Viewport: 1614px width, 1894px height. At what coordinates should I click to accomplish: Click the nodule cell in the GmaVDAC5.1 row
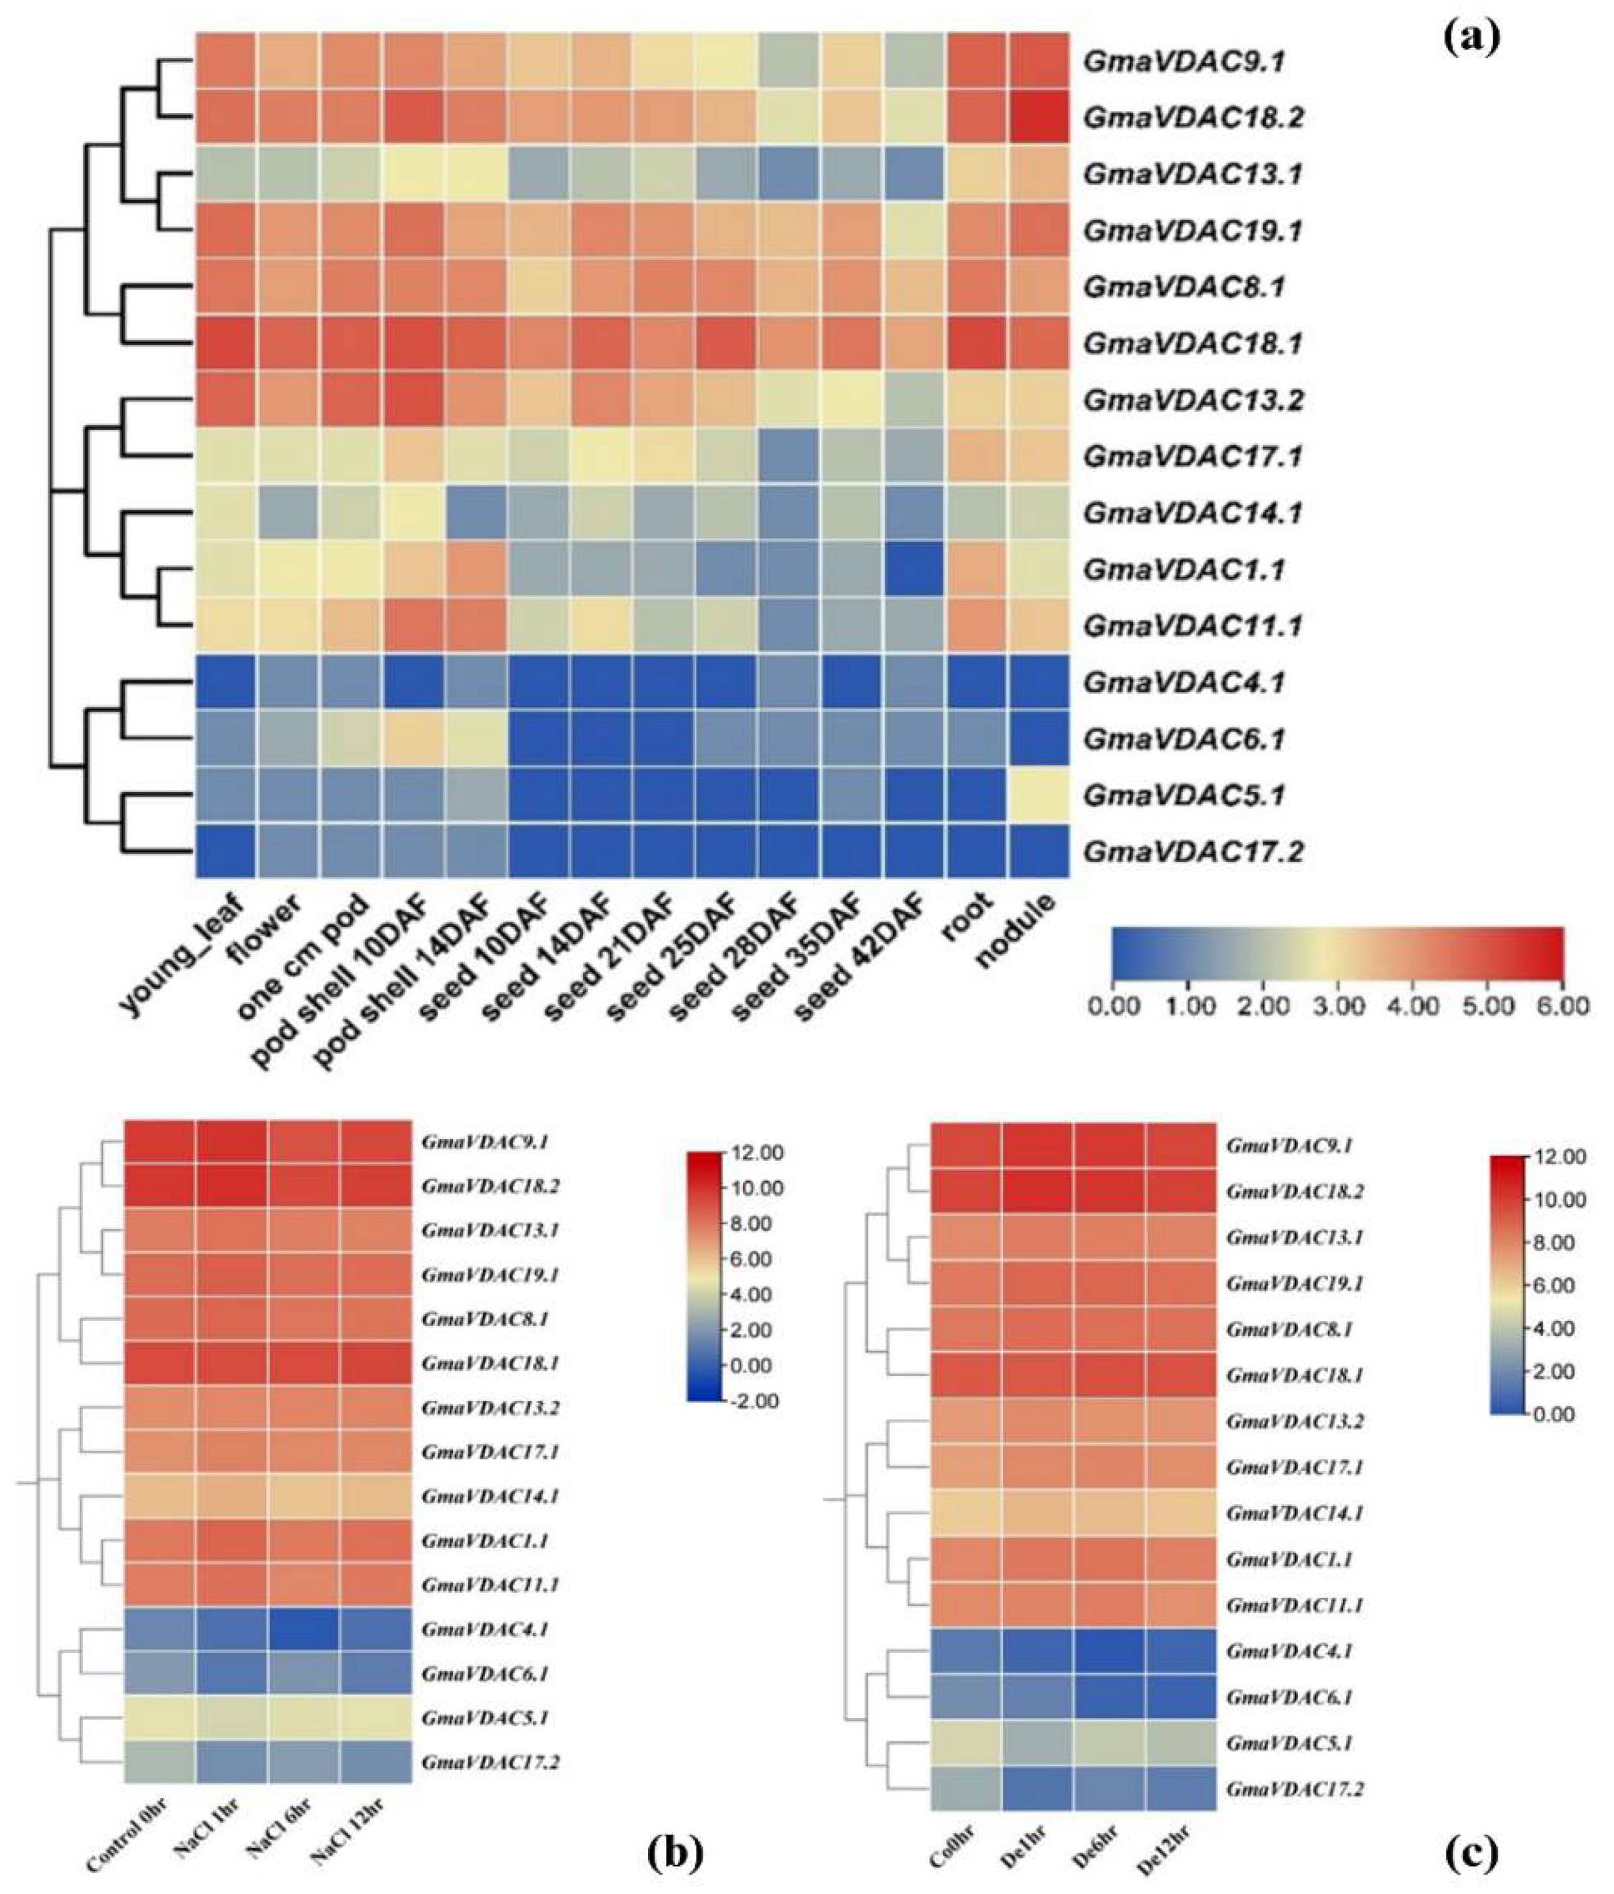pyautogui.click(x=1039, y=795)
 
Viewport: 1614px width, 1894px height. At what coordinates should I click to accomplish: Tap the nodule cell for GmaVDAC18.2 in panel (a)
pyautogui.click(x=1039, y=117)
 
